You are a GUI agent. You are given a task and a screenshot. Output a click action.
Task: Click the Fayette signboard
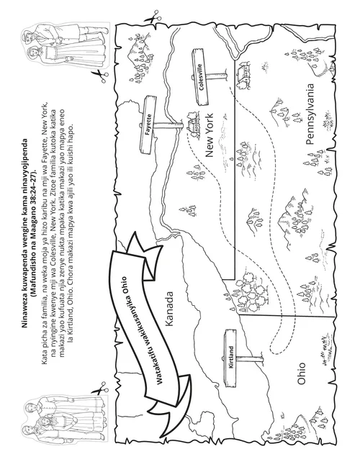(x=148, y=125)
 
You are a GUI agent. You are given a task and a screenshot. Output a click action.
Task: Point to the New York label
(x=210, y=135)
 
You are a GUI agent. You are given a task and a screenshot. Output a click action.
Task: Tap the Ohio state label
(x=301, y=373)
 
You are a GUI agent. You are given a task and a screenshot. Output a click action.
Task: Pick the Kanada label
(x=168, y=308)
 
